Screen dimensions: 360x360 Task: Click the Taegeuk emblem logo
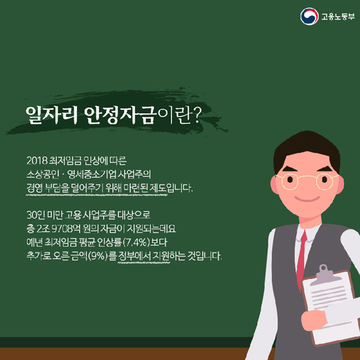coord(309,16)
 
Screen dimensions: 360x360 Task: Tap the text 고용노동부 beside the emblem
coord(338,17)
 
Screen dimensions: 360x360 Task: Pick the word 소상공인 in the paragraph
coord(43,174)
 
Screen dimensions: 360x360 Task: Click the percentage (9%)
coord(98,256)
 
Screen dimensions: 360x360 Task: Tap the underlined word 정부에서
coord(134,256)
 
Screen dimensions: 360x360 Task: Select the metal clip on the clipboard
coord(324,274)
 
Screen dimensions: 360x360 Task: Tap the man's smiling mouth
coord(307,199)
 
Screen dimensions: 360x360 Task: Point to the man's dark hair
coord(307,149)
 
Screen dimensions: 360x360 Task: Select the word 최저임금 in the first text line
coord(65,161)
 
